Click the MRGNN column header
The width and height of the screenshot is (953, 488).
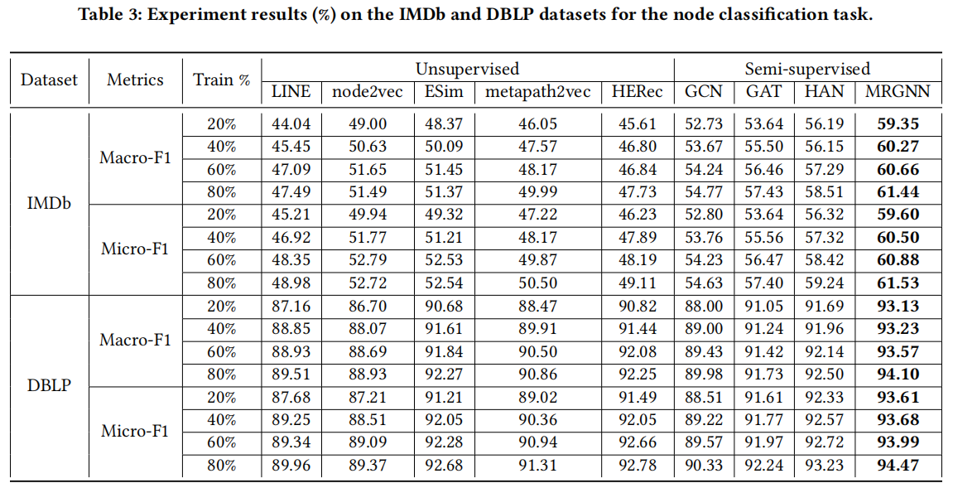(x=898, y=92)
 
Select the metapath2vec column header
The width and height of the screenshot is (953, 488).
(x=538, y=92)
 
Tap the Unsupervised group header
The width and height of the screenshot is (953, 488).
(x=467, y=69)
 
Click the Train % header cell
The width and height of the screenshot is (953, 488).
(x=221, y=80)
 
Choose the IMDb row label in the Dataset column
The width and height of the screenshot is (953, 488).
(x=48, y=203)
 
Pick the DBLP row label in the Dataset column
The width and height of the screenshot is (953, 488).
(x=48, y=385)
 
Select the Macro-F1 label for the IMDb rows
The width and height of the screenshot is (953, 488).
(x=135, y=157)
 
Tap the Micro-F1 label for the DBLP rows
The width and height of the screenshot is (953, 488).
(x=135, y=431)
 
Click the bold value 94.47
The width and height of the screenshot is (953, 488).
(x=898, y=466)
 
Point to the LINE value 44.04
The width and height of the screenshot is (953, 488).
(x=291, y=124)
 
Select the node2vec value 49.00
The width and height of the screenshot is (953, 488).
(x=368, y=124)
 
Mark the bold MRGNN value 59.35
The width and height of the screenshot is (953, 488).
(x=898, y=124)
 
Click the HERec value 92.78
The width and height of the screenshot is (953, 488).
(x=637, y=466)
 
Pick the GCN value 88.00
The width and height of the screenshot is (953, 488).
(x=704, y=307)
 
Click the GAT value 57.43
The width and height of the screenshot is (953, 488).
(x=763, y=192)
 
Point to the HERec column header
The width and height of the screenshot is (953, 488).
(x=637, y=92)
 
